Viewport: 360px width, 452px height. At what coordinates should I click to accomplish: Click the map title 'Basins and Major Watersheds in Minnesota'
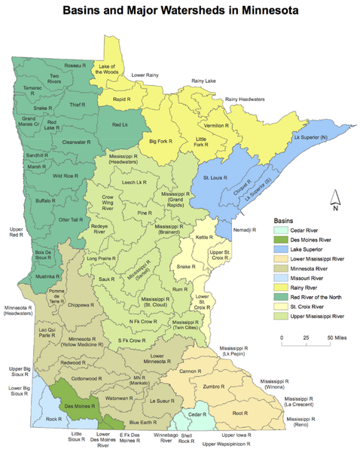(180, 11)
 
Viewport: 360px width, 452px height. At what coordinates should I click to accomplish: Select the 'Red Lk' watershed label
(120, 124)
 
